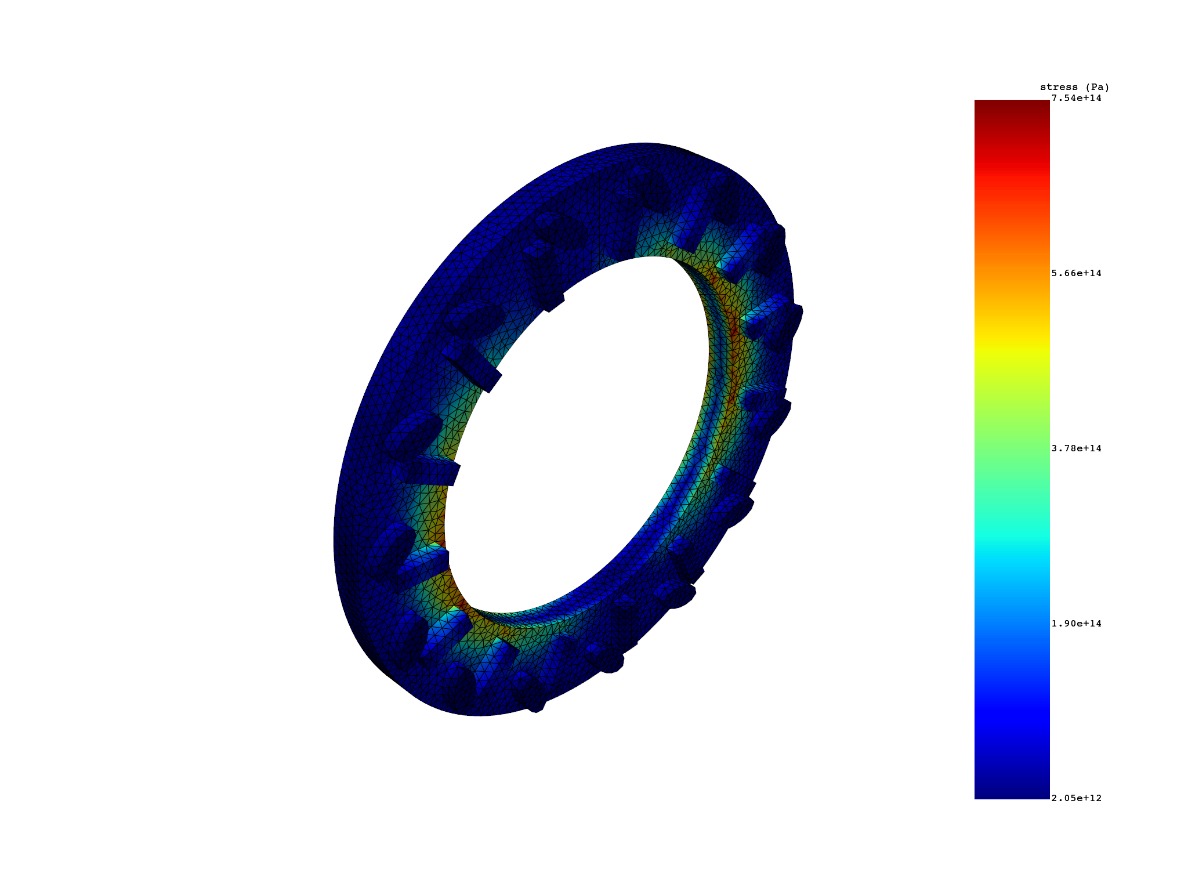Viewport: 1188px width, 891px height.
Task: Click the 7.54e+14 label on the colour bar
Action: click(1076, 98)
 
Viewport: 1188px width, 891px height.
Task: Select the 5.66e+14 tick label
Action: click(1076, 273)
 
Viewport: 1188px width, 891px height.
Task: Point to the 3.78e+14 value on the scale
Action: click(1076, 448)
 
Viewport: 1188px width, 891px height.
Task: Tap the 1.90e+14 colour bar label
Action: click(1076, 624)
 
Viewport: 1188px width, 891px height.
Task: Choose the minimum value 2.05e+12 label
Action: click(1076, 798)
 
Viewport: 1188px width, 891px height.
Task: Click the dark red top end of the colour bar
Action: click(1012, 107)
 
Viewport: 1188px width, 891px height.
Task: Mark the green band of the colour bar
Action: click(1012, 441)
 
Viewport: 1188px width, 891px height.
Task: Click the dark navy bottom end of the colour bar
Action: click(1012, 792)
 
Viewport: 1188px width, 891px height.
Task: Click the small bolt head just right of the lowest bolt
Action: click(606, 658)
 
